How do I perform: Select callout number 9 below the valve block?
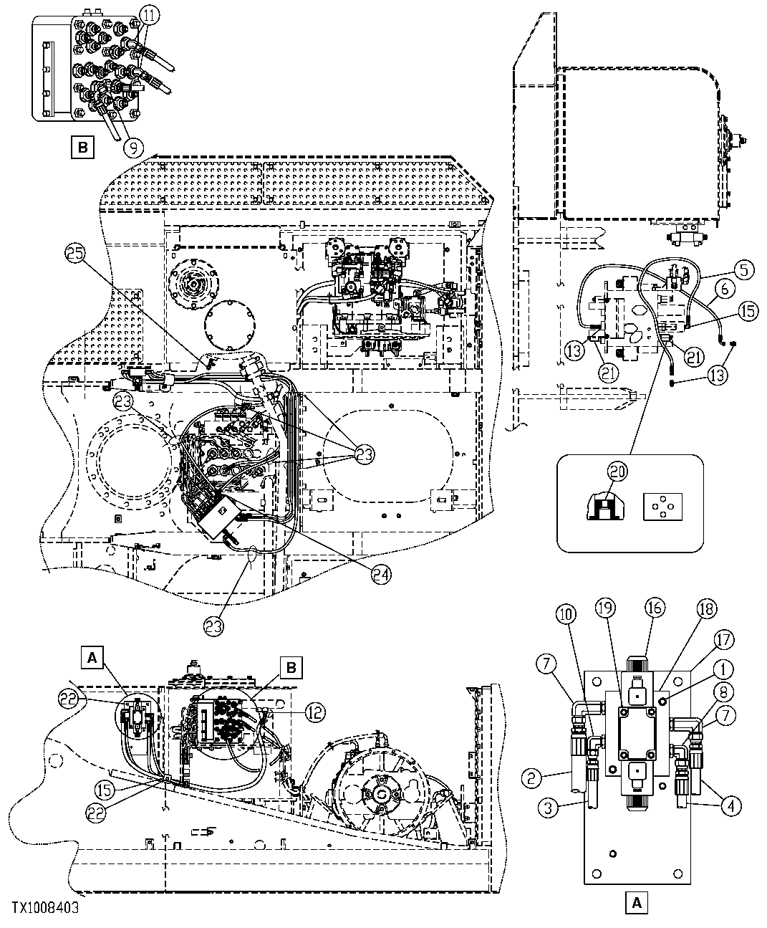pos(133,147)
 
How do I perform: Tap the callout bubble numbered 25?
pos(75,252)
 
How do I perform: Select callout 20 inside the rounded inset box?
pos(617,472)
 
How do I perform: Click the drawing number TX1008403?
pos(44,907)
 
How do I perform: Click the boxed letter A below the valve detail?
pos(636,904)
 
